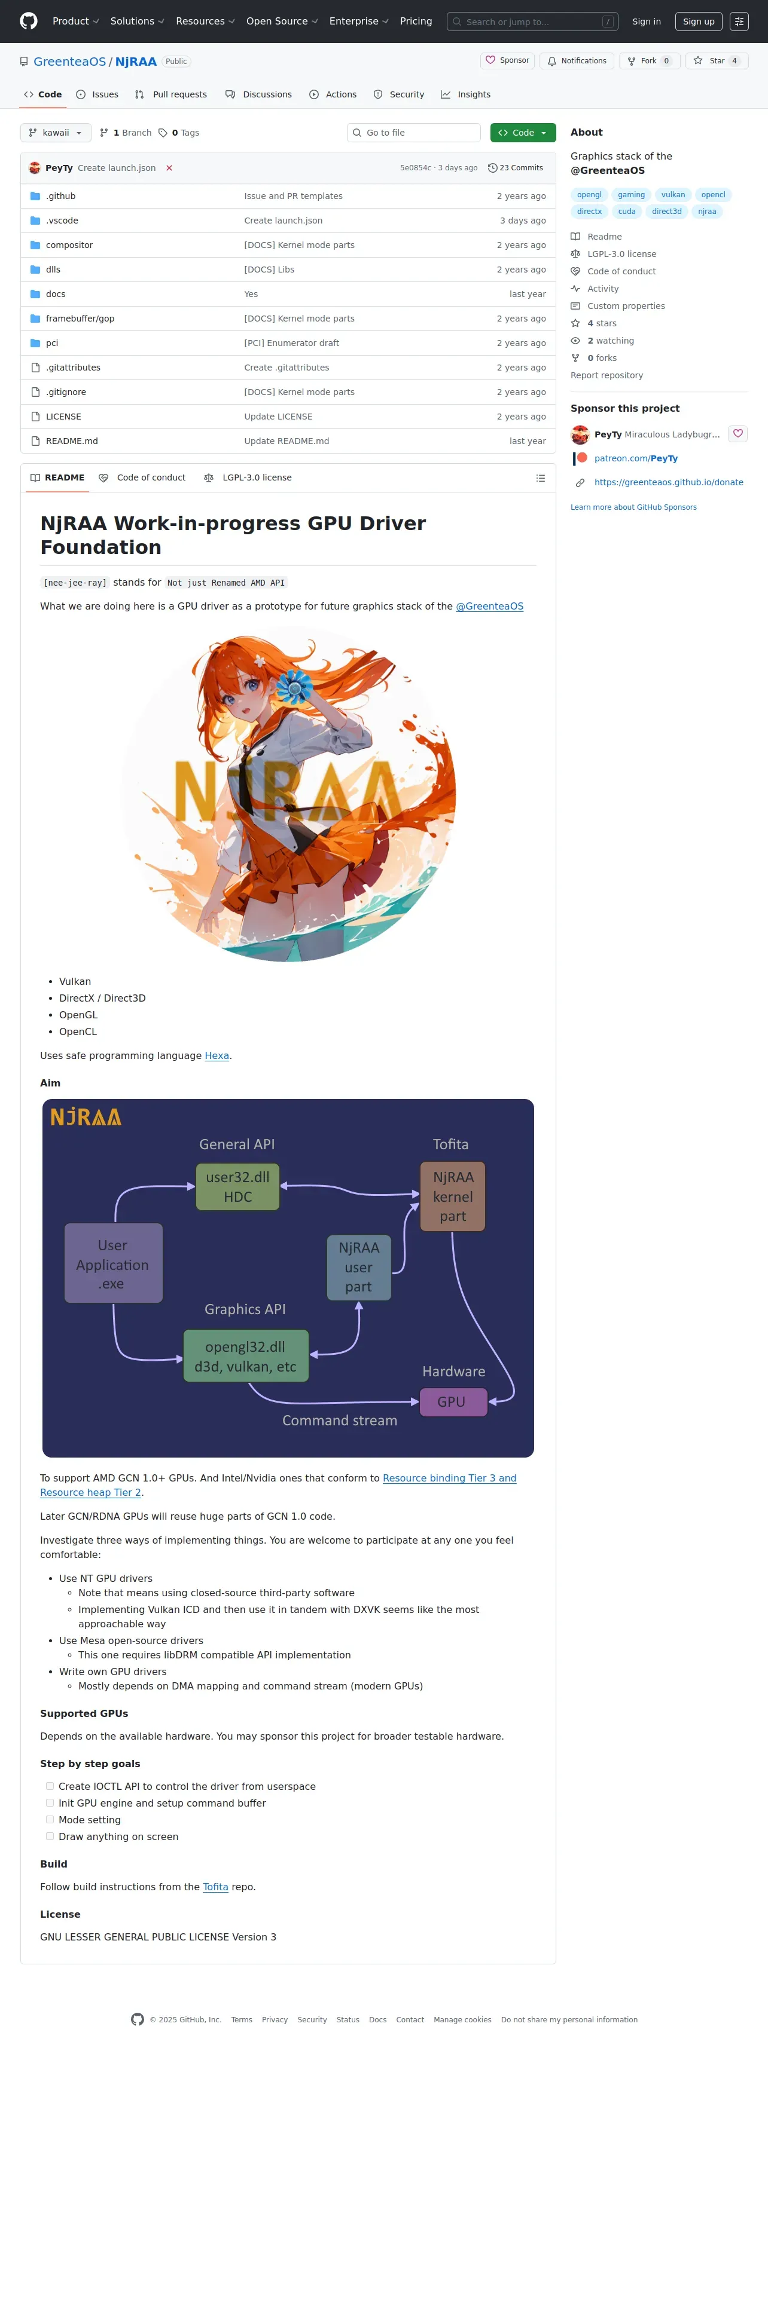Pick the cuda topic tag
pos(627,212)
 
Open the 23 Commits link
pos(516,168)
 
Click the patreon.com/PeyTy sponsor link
pos(636,458)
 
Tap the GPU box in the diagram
pos(452,1402)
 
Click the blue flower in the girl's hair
pos(293,687)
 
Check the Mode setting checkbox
pos(50,1820)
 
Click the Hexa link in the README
pos(217,1055)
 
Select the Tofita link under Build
pos(215,1887)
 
